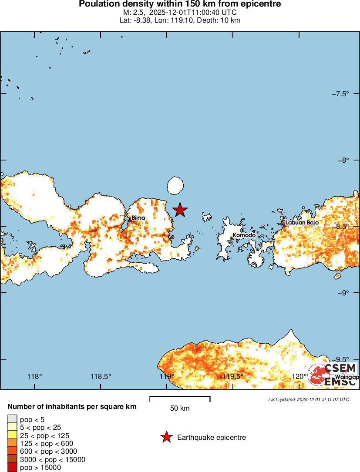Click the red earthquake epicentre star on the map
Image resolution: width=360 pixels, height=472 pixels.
tap(180, 210)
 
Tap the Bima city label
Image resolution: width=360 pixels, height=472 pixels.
tap(138, 218)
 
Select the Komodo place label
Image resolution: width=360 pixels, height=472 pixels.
tap(244, 235)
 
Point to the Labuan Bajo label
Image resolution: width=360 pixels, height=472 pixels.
tap(302, 222)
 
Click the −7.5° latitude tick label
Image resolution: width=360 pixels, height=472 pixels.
tap(340, 94)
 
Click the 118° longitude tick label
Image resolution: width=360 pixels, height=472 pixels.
tap(35, 376)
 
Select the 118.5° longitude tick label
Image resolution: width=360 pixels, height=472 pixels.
tap(101, 376)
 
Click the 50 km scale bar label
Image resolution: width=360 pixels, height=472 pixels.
tap(180, 408)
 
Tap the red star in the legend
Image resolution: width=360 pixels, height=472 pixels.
tap(166, 437)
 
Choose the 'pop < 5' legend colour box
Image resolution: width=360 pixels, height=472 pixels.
tap(12, 419)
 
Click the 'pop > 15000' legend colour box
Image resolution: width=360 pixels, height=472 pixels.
tap(12, 468)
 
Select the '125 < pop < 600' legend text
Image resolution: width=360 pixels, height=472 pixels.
tap(47, 443)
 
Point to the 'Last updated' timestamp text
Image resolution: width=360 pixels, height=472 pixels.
tap(309, 399)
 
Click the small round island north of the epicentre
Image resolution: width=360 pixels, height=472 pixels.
tap(175, 186)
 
